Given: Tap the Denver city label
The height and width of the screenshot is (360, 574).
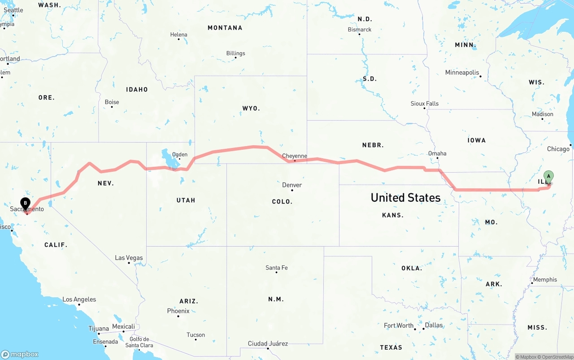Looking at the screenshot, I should click(292, 185).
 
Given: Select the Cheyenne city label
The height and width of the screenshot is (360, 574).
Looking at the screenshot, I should click(295, 156).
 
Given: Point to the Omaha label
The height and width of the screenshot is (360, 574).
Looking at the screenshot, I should click(437, 153).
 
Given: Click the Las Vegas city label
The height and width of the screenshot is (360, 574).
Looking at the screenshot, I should click(129, 258).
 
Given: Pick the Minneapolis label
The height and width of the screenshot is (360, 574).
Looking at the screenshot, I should click(462, 73).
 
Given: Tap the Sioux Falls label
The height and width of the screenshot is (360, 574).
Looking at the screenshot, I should click(425, 104).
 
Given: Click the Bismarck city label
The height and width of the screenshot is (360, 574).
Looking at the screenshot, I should click(360, 30).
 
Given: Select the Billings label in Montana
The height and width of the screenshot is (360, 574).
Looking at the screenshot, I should click(235, 53).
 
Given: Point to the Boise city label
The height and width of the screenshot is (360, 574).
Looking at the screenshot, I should click(112, 102).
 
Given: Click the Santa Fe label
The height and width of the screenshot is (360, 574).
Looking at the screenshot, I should click(276, 268).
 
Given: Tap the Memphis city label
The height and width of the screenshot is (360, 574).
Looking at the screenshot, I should click(545, 279).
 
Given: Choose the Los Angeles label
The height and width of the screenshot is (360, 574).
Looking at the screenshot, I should click(79, 299).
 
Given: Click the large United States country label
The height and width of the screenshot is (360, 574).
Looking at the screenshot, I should click(405, 198).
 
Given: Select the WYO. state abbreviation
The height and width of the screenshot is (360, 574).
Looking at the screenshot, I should click(251, 108).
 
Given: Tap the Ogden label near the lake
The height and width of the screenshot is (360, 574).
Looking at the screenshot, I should click(179, 154).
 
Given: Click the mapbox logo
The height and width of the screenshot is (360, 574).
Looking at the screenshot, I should click(20, 354).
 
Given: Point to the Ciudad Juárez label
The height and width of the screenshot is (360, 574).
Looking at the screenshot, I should click(268, 343).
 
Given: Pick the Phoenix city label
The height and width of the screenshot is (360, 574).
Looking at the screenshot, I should click(178, 311).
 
